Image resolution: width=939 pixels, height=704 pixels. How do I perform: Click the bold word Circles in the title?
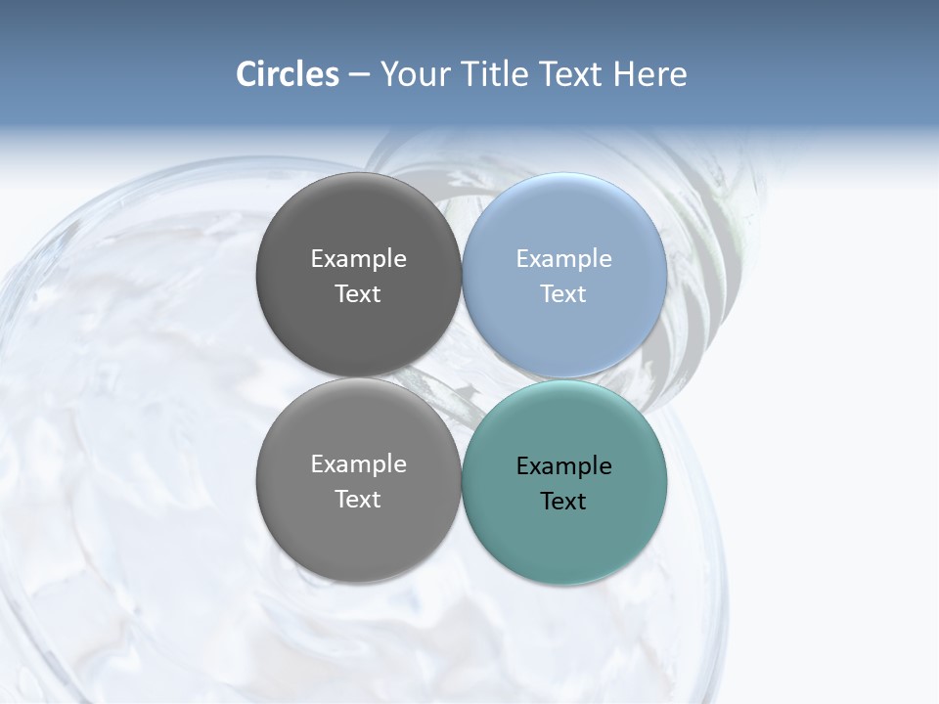[287, 74]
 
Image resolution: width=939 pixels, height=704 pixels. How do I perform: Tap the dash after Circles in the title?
[359, 75]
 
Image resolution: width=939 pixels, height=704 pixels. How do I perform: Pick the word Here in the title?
[650, 74]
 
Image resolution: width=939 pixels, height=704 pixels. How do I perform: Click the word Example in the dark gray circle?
[358, 258]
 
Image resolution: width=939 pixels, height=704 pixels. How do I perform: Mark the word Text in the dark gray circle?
[358, 293]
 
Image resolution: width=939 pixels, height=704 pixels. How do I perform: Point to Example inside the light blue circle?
[563, 258]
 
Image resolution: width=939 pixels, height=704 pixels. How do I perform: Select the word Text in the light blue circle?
[563, 293]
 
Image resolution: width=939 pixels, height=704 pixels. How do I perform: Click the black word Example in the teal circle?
[563, 465]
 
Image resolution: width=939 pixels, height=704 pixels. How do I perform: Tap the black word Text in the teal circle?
[563, 501]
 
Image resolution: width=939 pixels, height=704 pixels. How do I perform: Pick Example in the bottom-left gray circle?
[358, 463]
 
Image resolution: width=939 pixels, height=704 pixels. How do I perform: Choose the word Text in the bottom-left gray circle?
[358, 499]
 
